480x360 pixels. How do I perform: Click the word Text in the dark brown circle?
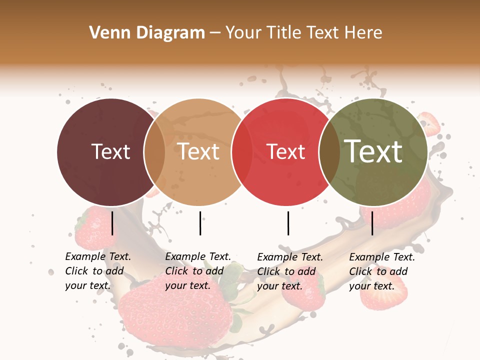pos(111,151)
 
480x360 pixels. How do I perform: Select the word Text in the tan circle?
pos(198,151)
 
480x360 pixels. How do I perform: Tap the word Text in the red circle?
pos(286,151)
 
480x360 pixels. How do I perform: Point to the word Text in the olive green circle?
pos(373,151)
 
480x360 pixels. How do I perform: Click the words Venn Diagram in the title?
pos(147,32)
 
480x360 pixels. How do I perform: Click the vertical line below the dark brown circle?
pos(112,223)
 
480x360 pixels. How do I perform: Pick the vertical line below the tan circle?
pos(200,223)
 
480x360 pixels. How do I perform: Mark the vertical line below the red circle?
pos(288,223)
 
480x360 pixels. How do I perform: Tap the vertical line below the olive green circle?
pos(372,223)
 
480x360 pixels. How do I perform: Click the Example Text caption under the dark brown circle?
pos(98,271)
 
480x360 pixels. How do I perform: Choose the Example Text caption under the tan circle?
pos(198,271)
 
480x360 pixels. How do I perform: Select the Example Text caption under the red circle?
pos(290,271)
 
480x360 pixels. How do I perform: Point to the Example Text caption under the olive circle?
pos(382,271)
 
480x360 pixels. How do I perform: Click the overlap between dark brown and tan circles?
pos(154,152)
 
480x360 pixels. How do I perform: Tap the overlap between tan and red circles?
pos(242,152)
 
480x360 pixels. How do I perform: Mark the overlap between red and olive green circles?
pos(329,152)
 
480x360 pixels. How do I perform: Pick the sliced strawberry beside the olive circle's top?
pos(430,122)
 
